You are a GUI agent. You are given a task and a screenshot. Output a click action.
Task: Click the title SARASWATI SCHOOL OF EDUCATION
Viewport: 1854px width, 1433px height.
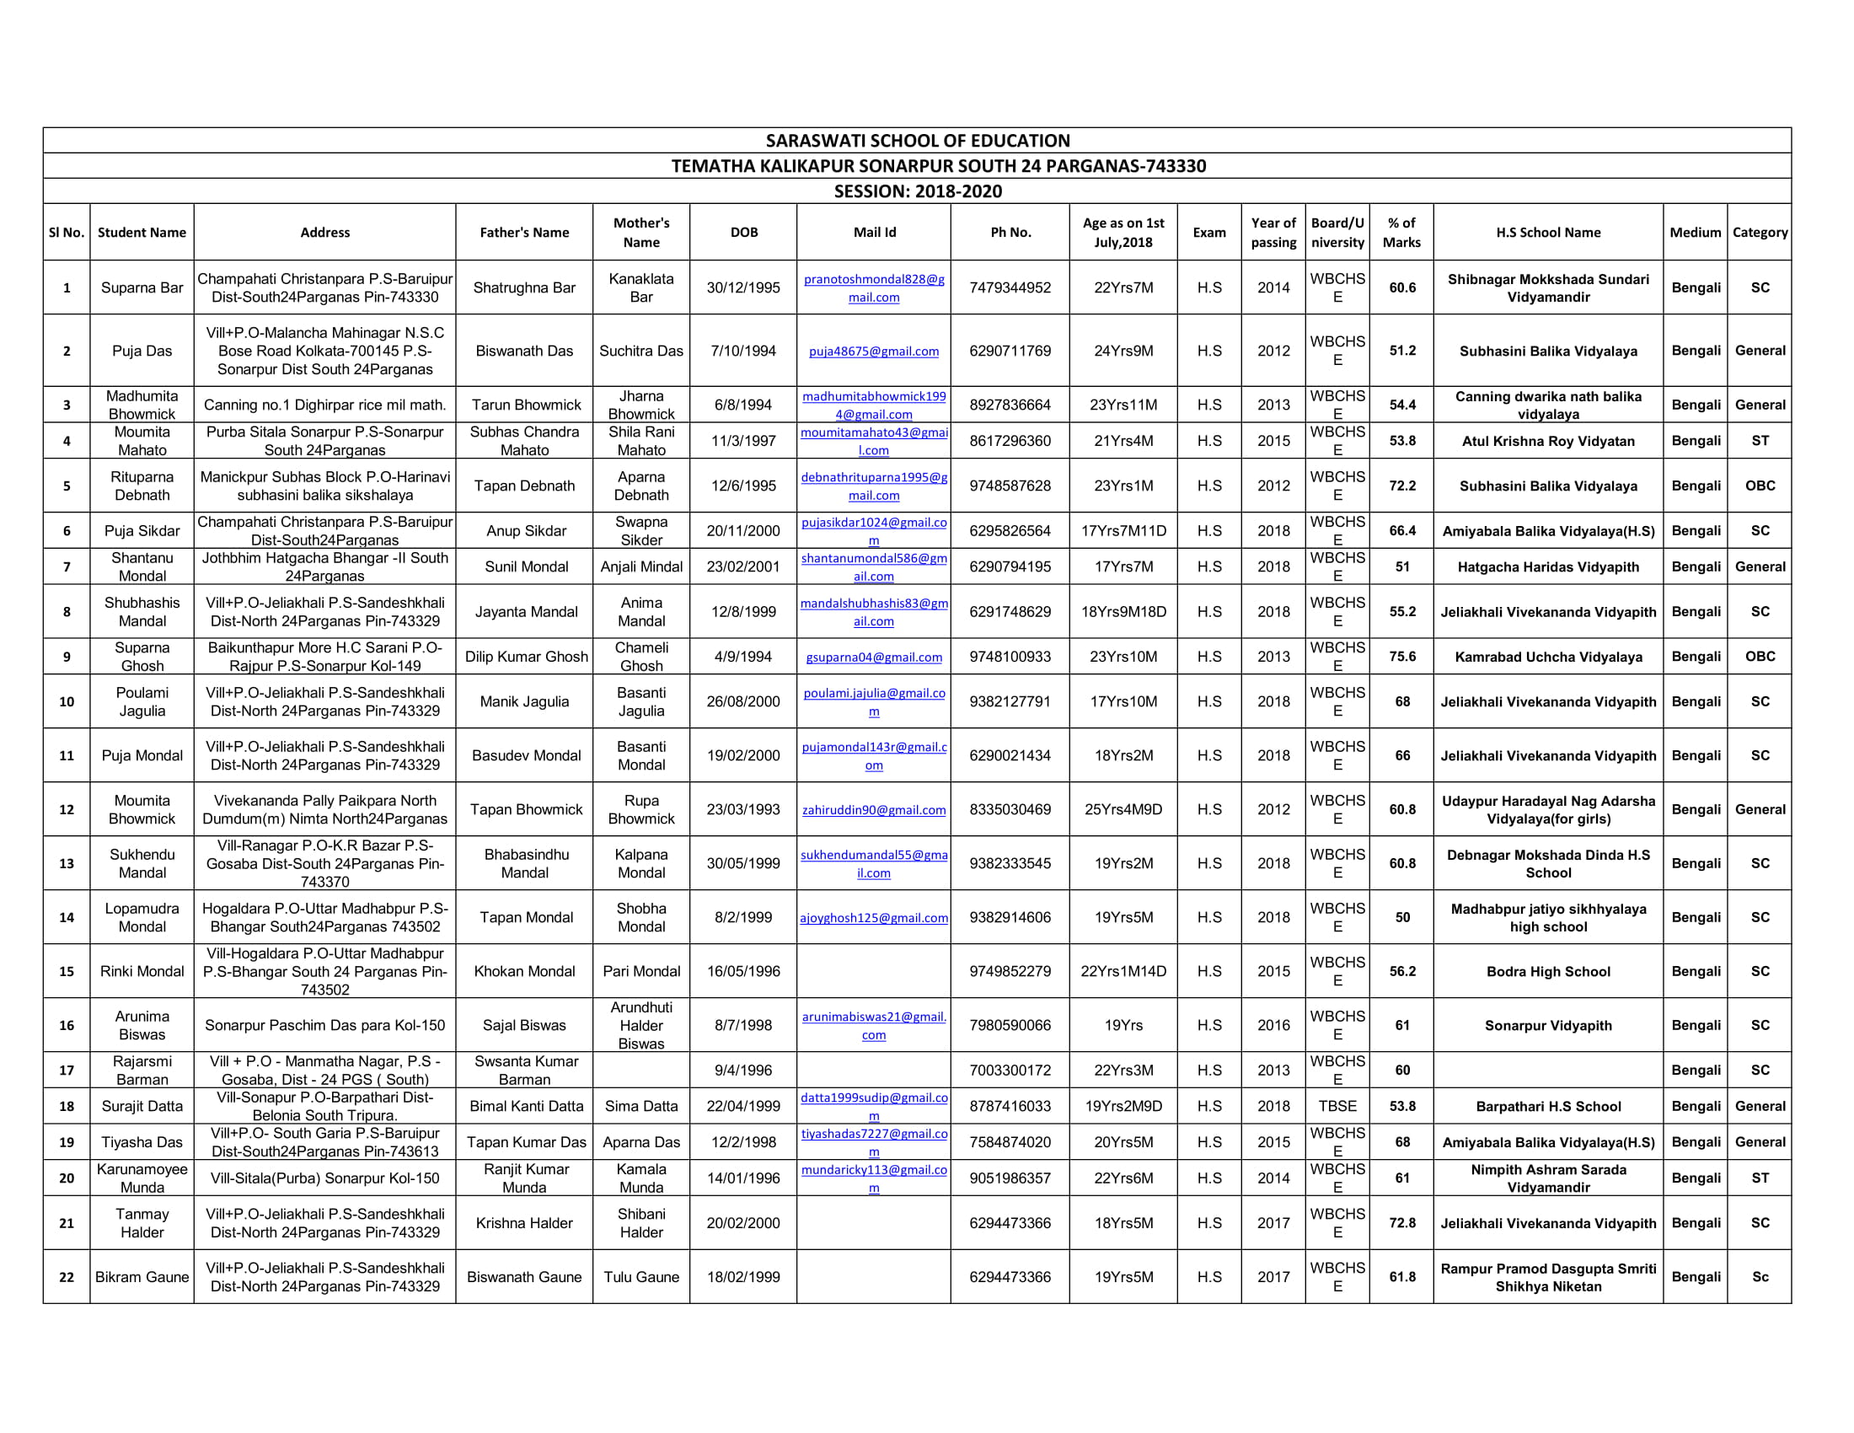tap(917, 141)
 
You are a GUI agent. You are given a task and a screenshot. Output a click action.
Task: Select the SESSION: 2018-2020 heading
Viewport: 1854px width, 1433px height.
tap(917, 191)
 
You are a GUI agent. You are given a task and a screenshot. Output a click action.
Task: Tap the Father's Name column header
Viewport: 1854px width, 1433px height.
tap(524, 233)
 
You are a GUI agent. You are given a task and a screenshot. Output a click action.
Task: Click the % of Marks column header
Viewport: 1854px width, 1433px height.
tap(1401, 233)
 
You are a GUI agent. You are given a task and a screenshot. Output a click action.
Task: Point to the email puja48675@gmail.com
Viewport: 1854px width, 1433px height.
tap(874, 352)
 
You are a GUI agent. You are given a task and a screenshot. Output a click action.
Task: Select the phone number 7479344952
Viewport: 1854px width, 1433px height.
tap(1010, 287)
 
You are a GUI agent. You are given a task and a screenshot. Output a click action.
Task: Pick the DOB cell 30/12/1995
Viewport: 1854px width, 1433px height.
tap(742, 287)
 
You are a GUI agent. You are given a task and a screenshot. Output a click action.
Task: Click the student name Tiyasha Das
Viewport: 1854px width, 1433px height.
tap(142, 1142)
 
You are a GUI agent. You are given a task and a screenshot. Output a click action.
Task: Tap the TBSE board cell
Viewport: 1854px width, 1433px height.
tap(1337, 1106)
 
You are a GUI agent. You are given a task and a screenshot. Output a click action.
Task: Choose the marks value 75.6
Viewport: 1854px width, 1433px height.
tap(1401, 656)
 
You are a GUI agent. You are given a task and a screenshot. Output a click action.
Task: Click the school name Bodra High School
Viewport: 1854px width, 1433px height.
tap(1547, 971)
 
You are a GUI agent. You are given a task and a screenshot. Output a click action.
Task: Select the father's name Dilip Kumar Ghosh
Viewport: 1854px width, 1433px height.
tap(526, 656)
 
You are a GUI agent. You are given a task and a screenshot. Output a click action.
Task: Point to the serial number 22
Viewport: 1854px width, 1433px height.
tap(67, 1277)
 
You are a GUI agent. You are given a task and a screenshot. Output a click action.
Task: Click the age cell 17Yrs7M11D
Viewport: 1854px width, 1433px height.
tap(1123, 530)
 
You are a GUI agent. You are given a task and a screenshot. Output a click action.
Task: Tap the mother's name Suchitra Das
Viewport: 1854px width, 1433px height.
tap(641, 351)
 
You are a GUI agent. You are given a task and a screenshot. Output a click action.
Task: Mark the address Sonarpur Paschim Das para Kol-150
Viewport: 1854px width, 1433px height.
tap(324, 1025)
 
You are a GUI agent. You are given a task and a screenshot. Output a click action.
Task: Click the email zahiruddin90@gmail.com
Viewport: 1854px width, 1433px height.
tap(874, 810)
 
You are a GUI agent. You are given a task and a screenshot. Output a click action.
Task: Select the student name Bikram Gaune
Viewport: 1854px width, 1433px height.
tap(142, 1277)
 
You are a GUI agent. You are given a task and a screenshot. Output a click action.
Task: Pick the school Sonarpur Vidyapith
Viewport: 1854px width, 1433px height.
tap(1547, 1025)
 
